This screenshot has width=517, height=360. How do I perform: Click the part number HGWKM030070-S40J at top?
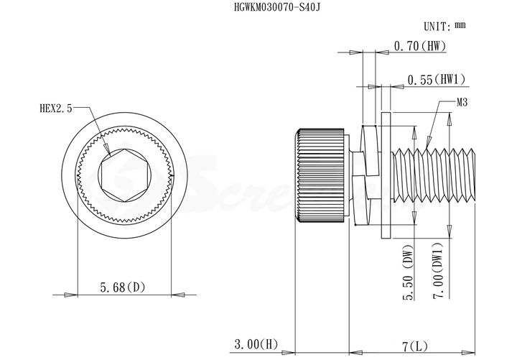click(x=277, y=7)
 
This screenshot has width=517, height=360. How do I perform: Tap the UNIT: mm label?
click(x=444, y=26)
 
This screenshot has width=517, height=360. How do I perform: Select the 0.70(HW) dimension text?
click(x=420, y=46)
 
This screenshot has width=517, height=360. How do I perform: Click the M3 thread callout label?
click(x=462, y=103)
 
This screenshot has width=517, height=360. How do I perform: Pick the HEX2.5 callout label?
click(x=56, y=109)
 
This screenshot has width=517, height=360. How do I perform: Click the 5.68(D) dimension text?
click(x=123, y=287)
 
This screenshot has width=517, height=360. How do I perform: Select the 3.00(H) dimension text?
click(x=256, y=344)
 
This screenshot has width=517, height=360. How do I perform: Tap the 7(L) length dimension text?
click(x=415, y=347)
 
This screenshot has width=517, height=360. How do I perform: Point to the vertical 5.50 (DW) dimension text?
click(x=409, y=272)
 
